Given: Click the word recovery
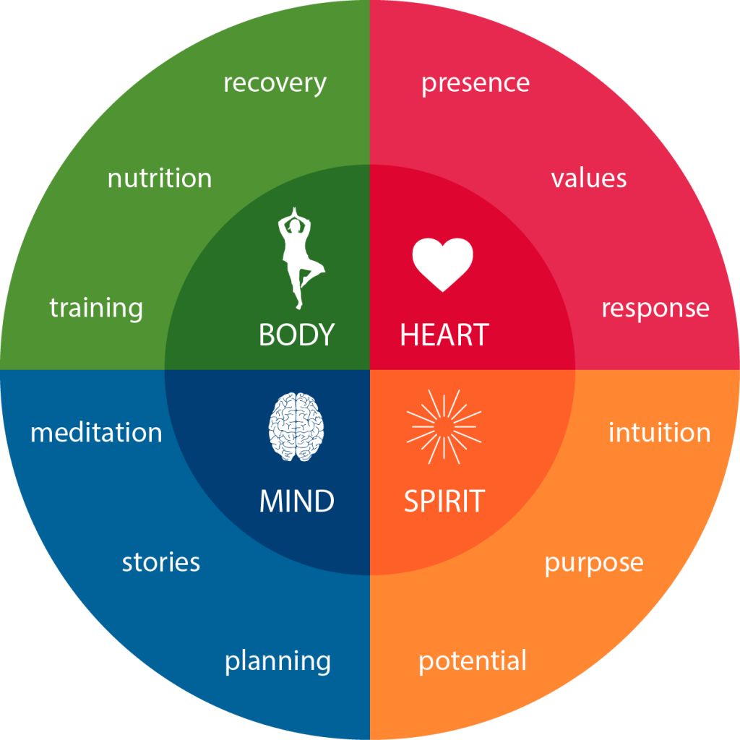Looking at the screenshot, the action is coord(275,84).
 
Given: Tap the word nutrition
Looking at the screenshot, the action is coord(160,178).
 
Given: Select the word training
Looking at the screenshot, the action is coord(96,309).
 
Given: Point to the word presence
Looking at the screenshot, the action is coord(476,84).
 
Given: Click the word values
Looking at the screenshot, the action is coord(589,178).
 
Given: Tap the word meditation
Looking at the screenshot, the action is coord(96,432).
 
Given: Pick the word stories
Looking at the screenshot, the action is coord(161,562).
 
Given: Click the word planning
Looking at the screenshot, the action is coord(277,662).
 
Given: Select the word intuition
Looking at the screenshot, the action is coord(660,432).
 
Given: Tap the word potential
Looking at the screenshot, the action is coord(473,661).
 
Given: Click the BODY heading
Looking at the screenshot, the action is coord(297,335).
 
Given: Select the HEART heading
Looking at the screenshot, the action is coord(444,335).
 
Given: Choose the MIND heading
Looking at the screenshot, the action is coord(297,501).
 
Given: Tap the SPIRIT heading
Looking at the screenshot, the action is coord(444,501).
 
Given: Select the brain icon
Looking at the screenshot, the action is coord(296,426).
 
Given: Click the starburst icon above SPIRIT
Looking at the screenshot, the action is coord(444,426).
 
